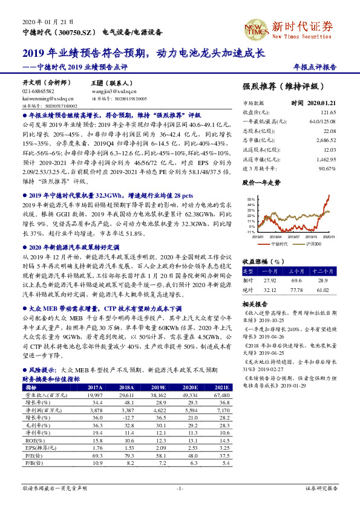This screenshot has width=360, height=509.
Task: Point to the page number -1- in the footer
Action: coord(180,487)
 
